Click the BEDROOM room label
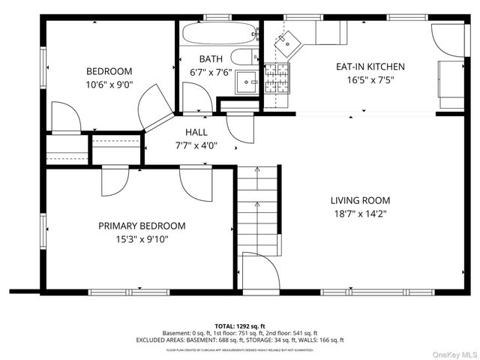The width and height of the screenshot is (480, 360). click(x=109, y=71)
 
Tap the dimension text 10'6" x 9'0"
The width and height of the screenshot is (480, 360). click(x=109, y=85)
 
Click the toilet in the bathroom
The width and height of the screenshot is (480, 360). click(x=242, y=57)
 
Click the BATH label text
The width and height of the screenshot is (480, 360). click(x=210, y=58)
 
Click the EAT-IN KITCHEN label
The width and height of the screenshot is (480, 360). click(x=370, y=67)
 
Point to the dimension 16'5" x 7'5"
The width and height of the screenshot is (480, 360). click(x=370, y=79)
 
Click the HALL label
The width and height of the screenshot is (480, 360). click(x=196, y=133)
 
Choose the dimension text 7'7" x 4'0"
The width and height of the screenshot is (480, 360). click(x=196, y=145)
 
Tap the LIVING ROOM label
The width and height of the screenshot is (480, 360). click(x=360, y=200)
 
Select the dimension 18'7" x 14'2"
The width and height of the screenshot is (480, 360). click(x=360, y=214)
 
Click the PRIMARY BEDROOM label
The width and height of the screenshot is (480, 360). click(x=142, y=226)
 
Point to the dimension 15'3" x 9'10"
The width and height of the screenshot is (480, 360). click(x=142, y=239)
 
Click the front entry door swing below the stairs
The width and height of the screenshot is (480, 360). click(x=259, y=270)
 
